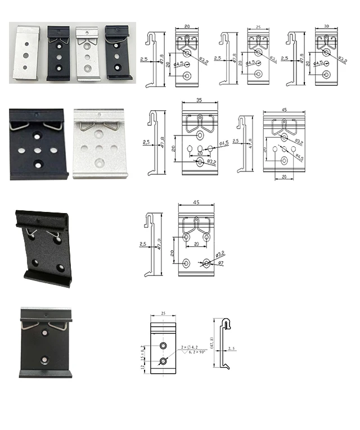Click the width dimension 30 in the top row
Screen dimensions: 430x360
click(x=327, y=26)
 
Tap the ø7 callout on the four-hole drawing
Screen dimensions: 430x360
click(x=220, y=264)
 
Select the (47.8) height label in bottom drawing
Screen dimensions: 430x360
click(x=212, y=342)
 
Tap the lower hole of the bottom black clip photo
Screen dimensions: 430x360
click(x=45, y=357)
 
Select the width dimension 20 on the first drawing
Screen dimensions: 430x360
click(x=186, y=26)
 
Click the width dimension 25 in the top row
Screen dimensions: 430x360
click(x=257, y=26)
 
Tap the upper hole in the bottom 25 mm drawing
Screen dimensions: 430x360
click(x=163, y=346)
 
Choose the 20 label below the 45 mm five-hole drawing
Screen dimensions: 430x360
click(x=284, y=176)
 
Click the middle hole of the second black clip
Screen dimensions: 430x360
click(x=57, y=57)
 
